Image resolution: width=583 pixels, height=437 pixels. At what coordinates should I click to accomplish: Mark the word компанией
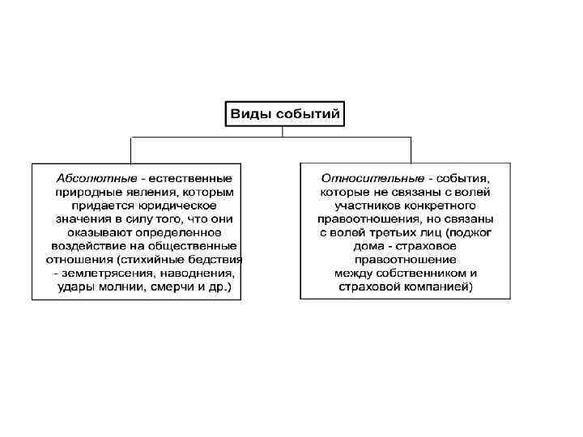[440, 287]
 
